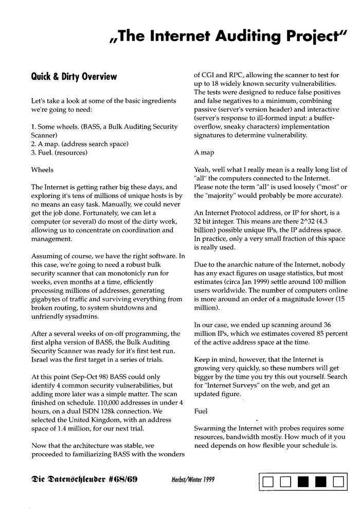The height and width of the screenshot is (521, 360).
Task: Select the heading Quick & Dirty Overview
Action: point(74,77)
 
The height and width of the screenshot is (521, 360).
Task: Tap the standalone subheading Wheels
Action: point(42,169)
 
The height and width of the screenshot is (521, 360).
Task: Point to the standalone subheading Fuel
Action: point(201,411)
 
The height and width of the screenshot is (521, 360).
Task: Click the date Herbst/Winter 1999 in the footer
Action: point(193,480)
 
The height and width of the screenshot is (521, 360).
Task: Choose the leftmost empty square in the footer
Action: point(267,482)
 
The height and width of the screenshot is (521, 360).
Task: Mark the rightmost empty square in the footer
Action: point(338,482)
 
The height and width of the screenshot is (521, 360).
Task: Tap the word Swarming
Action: point(210,428)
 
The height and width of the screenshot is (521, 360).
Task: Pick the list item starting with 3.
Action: point(59,152)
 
